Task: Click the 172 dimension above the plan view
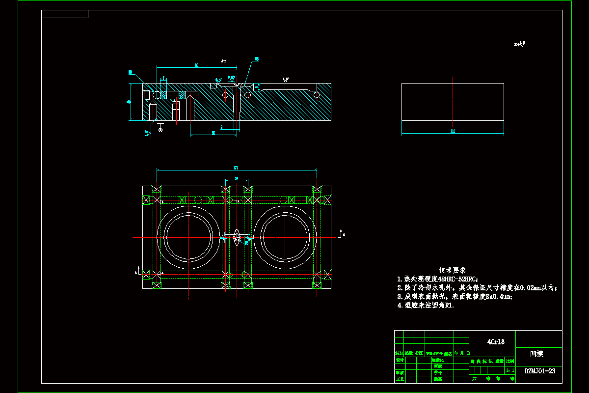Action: [x=237, y=168]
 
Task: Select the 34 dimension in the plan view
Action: [x=237, y=179]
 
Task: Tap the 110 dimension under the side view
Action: [x=453, y=131]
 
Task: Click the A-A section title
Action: [x=223, y=61]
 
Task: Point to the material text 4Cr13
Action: [x=495, y=341]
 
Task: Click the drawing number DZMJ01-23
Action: [x=540, y=371]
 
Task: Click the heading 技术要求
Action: [x=452, y=270]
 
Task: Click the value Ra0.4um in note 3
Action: [x=497, y=297]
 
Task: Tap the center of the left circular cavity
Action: [x=188, y=237]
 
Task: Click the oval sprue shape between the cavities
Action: [x=237, y=237]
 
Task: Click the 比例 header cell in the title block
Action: [x=510, y=361]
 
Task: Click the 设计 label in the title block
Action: [x=400, y=360]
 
